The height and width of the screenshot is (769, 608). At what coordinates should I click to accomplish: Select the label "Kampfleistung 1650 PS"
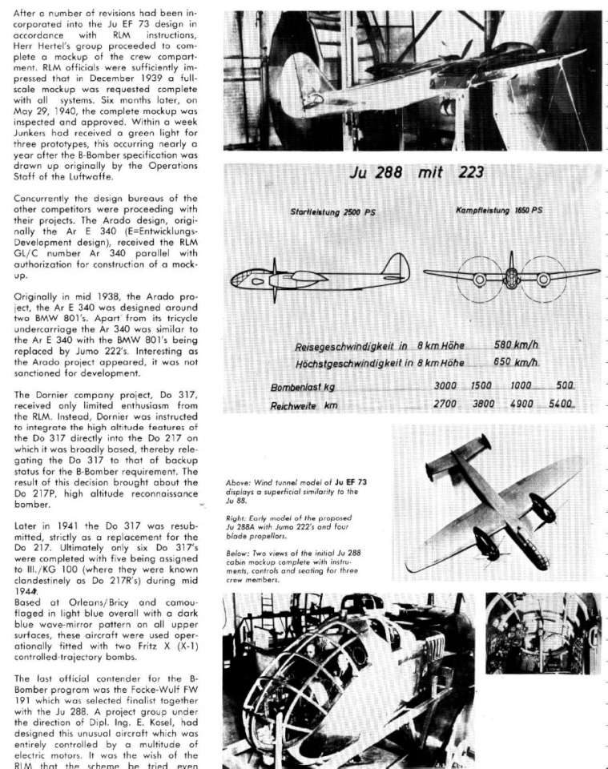coord(498,210)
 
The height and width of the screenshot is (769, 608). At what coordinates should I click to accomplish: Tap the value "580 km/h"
coord(513,345)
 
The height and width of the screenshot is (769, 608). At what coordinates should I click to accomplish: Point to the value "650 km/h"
coord(513,362)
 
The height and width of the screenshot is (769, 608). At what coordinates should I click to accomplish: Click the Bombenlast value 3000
coord(445,386)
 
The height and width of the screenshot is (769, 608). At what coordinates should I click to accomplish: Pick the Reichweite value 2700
coord(445,405)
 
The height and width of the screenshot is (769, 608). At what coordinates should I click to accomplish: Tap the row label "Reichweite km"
coord(300,406)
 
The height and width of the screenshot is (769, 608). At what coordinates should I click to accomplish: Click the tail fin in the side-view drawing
coord(395,265)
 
